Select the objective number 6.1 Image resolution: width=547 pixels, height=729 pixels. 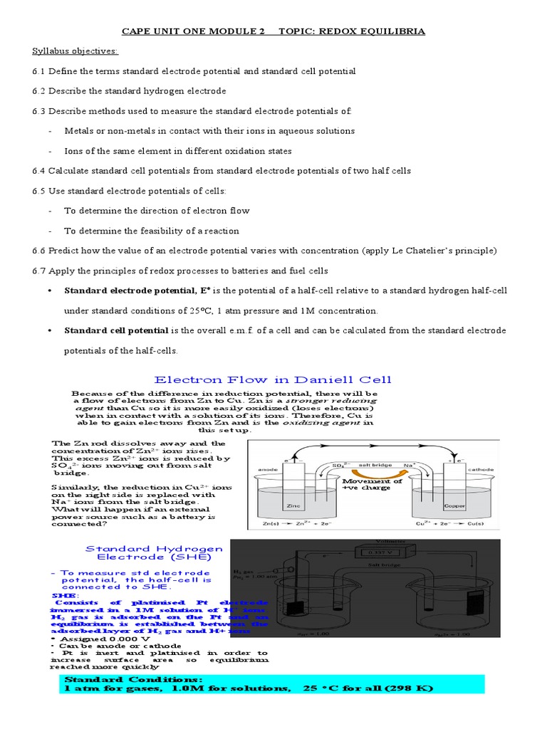click(x=38, y=71)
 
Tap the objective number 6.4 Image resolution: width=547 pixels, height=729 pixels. click(x=38, y=171)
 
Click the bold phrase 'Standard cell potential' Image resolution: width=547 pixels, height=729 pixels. click(x=116, y=330)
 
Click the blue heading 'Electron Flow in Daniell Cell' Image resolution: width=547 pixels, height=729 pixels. click(x=273, y=379)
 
